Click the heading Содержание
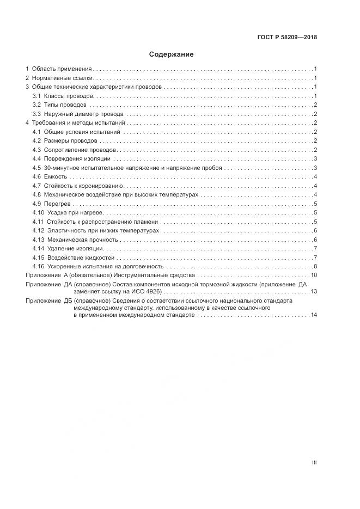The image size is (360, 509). pyautogui.click(x=172, y=54)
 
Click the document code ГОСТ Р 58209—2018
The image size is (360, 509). pyautogui.click(x=287, y=38)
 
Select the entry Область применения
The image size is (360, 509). pyautogui.click(x=62, y=69)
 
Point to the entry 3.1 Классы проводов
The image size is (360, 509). pyautogui.click(x=63, y=96)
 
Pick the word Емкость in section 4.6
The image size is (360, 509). pyautogui.click(x=56, y=176)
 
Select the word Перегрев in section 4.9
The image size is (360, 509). pyautogui.click(x=57, y=204)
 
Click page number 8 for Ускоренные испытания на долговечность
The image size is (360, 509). pyautogui.click(x=315, y=266)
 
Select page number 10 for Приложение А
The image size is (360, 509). pyautogui.click(x=314, y=275)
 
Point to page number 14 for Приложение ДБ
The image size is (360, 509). pyautogui.click(x=314, y=315)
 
